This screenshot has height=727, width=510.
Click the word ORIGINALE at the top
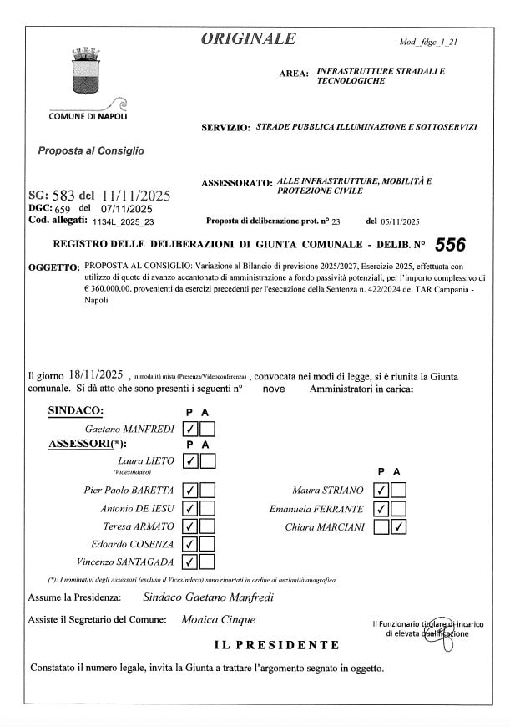coord(248,38)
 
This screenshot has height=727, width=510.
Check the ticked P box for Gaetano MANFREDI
coord(189,430)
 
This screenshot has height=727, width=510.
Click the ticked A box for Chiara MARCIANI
coord(400,527)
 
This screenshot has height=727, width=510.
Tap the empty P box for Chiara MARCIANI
coord(382,527)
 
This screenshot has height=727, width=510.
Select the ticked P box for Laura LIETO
coord(189,460)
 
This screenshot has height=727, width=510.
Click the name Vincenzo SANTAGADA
coord(125,562)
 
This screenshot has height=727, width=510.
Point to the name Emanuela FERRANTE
coord(316,509)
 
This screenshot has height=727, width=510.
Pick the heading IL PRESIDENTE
coord(277,645)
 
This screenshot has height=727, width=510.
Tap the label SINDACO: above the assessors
coord(75,411)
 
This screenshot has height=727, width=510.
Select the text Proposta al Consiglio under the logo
coord(91,151)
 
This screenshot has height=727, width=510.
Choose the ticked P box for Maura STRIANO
coord(382,491)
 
